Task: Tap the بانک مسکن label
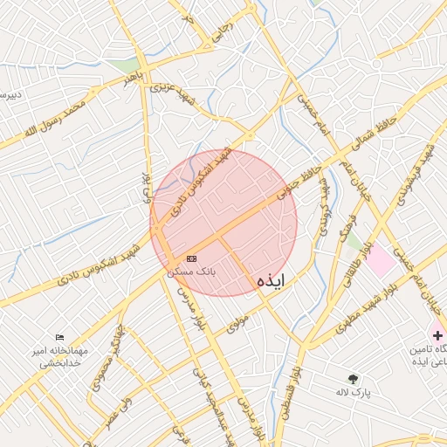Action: pos(191,272)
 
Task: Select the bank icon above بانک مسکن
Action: pos(191,258)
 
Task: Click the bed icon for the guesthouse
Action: pos(59,337)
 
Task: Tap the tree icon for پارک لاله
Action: pos(353,379)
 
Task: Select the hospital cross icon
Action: pos(437,335)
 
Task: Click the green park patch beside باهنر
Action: pos(128,65)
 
